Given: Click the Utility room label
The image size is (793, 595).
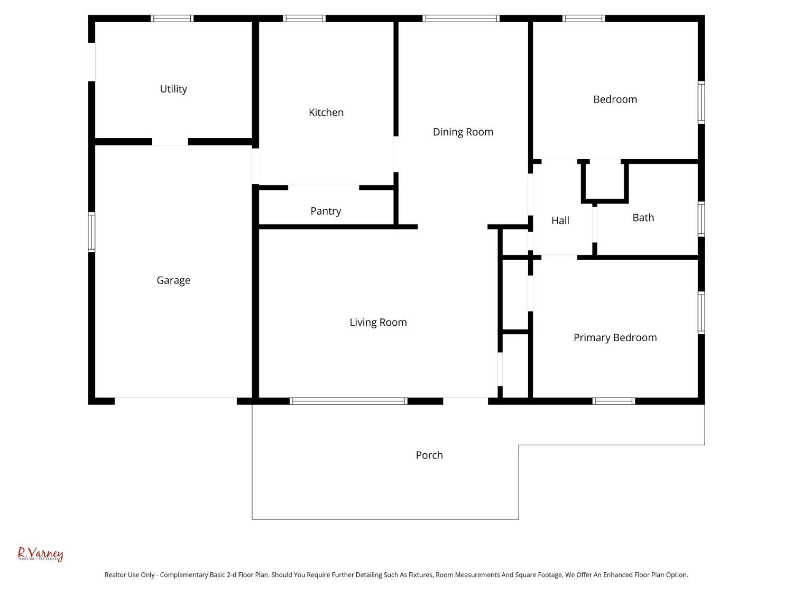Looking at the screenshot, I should [173, 89].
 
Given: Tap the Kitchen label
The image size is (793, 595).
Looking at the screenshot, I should [326, 113].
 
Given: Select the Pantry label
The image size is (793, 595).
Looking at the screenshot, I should [326, 211].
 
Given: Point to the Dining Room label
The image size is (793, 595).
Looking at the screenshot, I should [463, 132].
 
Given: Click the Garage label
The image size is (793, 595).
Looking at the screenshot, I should [173, 280].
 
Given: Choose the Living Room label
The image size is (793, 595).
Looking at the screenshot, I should [378, 323].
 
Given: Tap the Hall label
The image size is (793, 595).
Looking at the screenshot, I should [560, 221].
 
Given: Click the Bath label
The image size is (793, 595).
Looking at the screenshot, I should [643, 217].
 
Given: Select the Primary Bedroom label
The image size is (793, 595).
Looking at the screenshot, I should [615, 337].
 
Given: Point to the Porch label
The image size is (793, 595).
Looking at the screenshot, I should [429, 455].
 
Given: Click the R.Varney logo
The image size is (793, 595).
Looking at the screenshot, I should [41, 554].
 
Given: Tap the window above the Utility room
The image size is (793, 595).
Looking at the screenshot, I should [172, 19].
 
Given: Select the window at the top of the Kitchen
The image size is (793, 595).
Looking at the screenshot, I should [304, 19].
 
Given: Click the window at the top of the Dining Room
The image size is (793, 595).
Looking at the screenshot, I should [461, 19].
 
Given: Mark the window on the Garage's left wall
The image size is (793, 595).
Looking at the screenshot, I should [91, 232].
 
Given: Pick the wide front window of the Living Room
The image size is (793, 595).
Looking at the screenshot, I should [349, 401].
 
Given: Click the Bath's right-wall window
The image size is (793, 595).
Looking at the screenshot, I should [702, 218].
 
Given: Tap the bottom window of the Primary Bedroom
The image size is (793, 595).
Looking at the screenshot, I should [614, 401].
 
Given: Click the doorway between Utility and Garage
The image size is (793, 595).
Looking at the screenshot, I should [170, 142].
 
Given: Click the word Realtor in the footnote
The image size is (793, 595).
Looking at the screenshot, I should [116, 575].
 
